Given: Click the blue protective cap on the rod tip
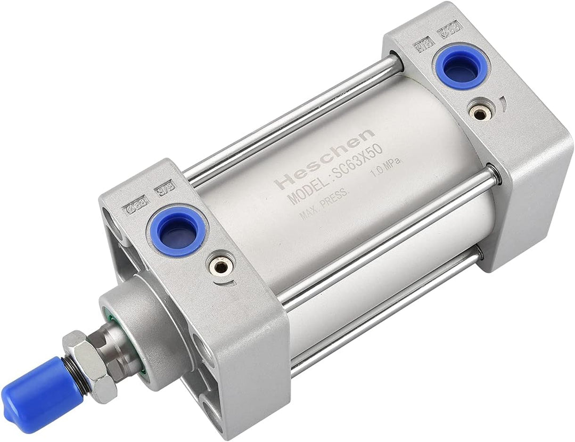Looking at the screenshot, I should pyautogui.click(x=32, y=388).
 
